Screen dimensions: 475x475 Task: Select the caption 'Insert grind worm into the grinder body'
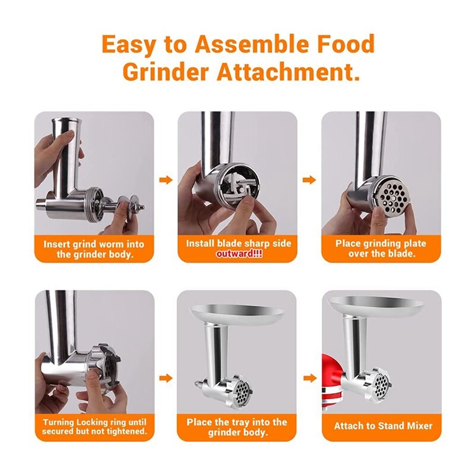(x=94, y=249)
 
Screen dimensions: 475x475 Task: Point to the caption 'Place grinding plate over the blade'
(x=381, y=249)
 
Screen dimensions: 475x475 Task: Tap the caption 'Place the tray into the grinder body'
(x=237, y=427)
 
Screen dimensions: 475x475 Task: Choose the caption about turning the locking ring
(x=94, y=426)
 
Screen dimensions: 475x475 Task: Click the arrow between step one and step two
(x=166, y=180)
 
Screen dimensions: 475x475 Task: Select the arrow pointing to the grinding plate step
(x=309, y=180)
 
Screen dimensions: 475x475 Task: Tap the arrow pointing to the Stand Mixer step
(x=309, y=378)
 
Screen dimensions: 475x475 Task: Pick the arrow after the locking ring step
(x=166, y=378)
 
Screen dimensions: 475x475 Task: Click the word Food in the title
(x=344, y=45)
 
